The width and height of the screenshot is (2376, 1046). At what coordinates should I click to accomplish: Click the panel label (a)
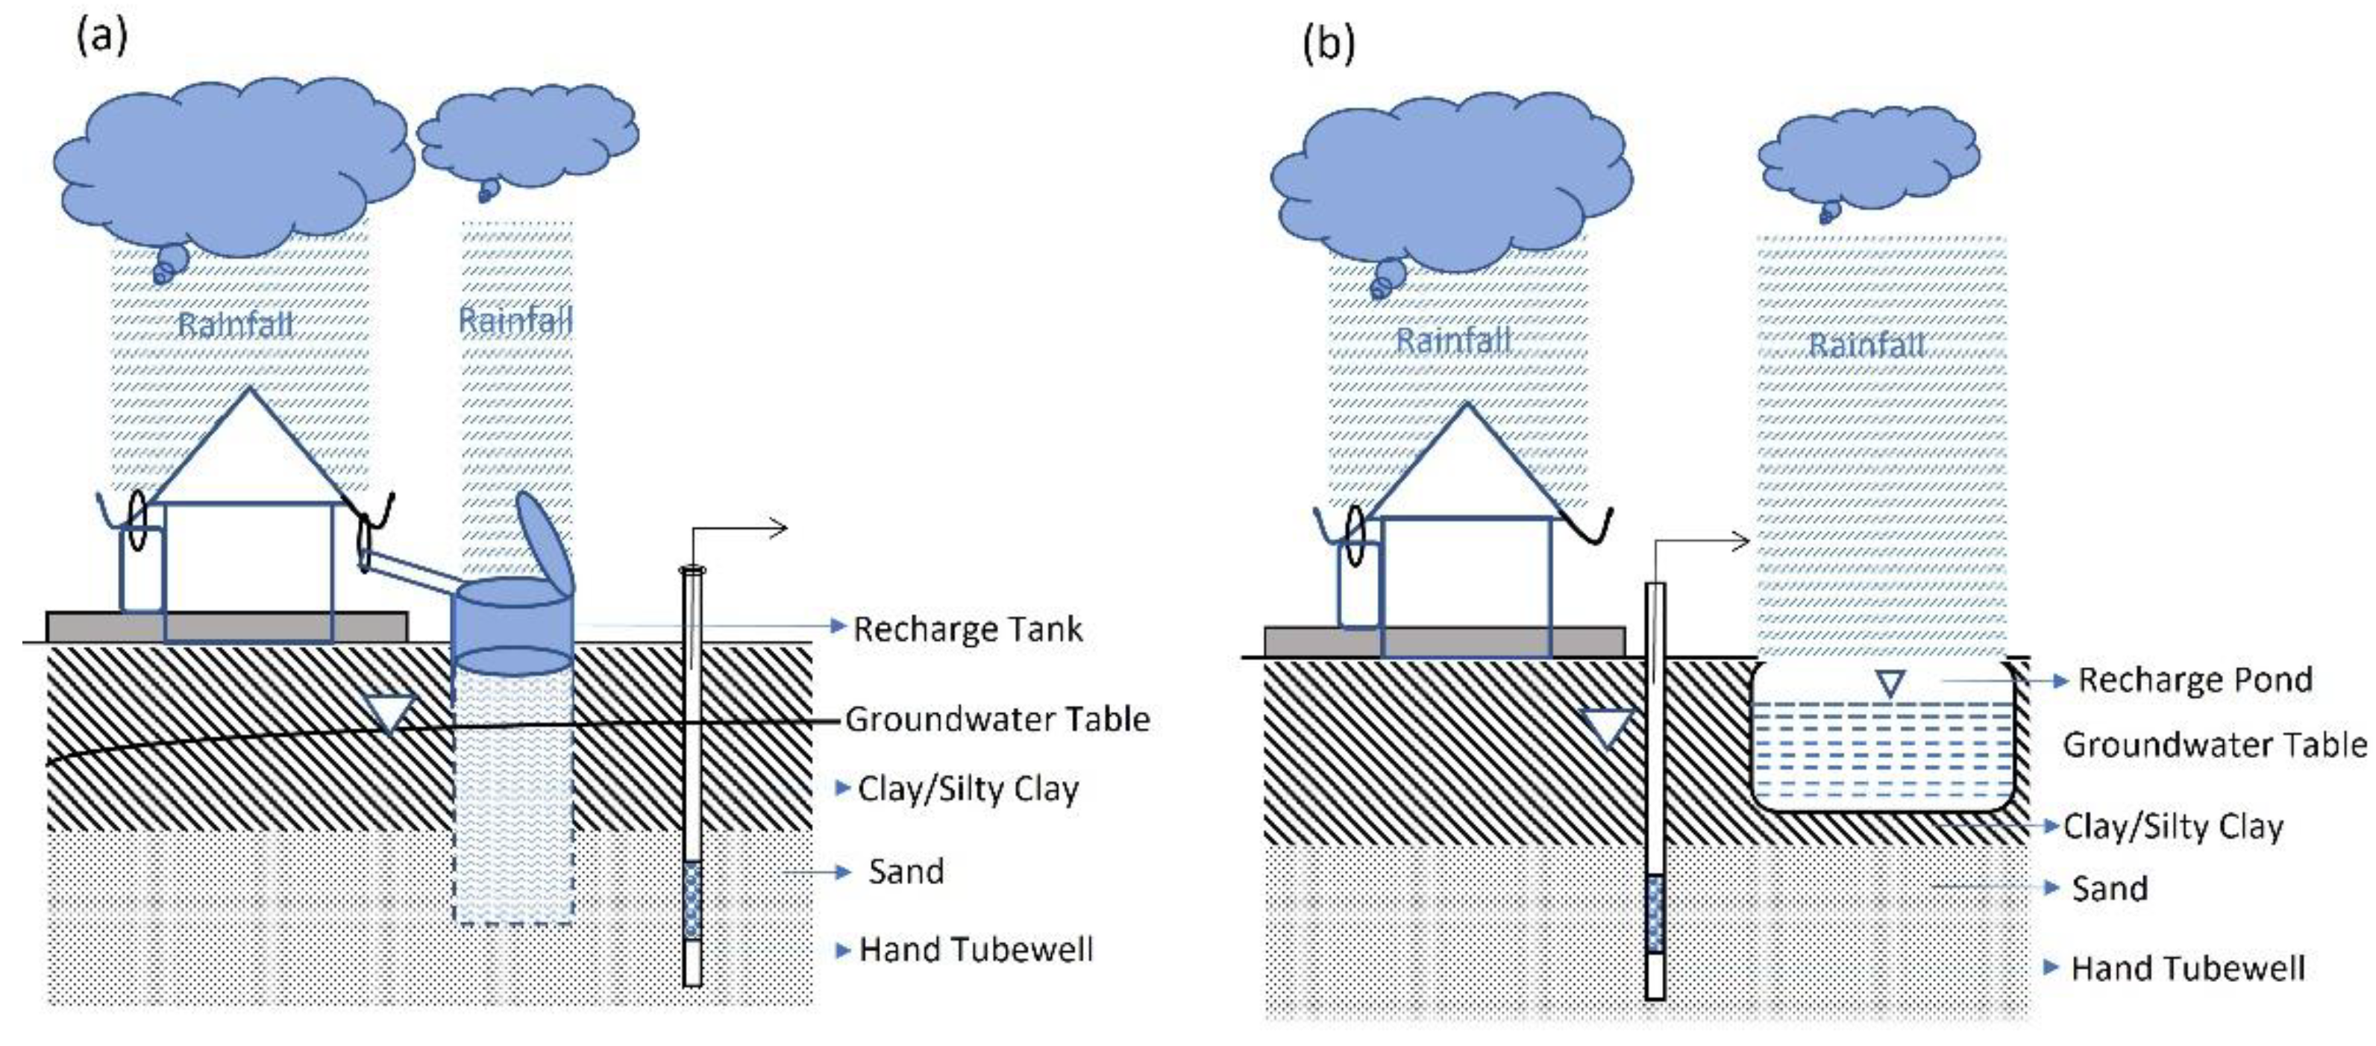101,37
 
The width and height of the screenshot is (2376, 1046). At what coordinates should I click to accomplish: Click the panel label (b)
1328,43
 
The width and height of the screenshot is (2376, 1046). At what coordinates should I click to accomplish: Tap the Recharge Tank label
967,629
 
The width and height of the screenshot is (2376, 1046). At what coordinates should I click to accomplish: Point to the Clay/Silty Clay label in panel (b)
2172,826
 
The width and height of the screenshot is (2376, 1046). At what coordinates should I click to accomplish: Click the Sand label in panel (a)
906,871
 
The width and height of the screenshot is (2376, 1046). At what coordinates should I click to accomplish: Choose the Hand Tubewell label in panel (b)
2187,968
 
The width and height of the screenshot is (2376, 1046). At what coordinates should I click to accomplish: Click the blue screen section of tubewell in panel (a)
692,899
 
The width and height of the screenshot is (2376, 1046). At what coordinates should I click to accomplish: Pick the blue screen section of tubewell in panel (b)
1655,913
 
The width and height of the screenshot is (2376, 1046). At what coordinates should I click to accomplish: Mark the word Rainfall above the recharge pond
1866,345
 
